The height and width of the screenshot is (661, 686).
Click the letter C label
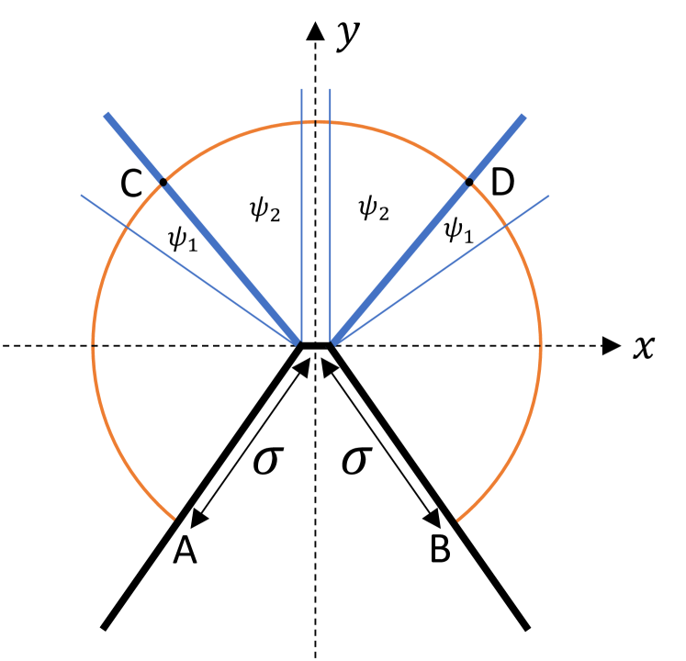tap(131, 184)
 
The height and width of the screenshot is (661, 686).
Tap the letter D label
tap(502, 184)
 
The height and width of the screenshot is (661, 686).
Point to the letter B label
tap(441, 549)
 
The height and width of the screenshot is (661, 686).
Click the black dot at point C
tap(163, 183)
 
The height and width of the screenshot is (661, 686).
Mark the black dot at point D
tap(469, 183)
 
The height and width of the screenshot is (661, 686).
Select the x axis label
tap(644, 347)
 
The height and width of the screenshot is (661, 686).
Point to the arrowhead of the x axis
tap(612, 346)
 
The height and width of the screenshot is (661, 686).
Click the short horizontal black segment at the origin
tap(315, 345)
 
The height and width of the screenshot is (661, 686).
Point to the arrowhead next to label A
tap(196, 520)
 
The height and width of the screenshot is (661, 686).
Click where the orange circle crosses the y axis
tap(316, 122)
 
